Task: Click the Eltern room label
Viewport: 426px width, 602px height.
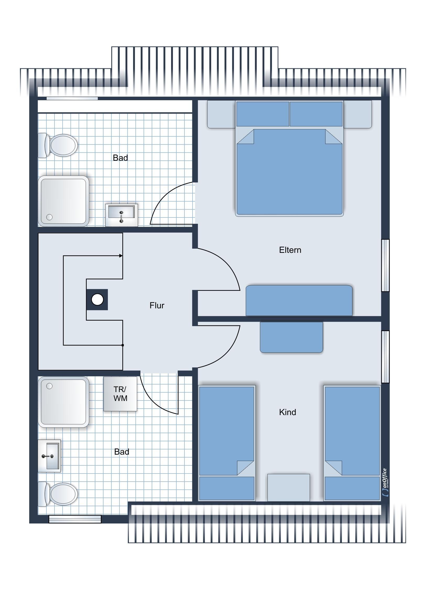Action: point(290,250)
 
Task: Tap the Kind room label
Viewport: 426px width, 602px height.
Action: point(287,412)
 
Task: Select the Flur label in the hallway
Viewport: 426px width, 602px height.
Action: point(157,305)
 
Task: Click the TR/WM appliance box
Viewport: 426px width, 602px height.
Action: point(120,394)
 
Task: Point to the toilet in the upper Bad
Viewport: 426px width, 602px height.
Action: point(58,145)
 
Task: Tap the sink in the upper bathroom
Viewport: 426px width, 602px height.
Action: point(122,215)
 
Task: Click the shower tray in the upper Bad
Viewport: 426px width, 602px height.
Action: point(63,201)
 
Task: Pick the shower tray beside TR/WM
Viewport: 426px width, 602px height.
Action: point(63,402)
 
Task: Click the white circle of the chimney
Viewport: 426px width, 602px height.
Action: point(97,299)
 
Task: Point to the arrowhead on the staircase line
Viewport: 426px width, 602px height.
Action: point(121,256)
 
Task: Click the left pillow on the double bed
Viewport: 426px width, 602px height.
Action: point(263,114)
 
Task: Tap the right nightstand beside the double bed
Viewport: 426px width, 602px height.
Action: point(358,114)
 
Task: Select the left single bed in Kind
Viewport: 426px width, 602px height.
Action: point(227,443)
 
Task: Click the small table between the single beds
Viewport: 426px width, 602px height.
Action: point(289,487)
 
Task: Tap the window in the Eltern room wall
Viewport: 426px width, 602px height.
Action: point(385,265)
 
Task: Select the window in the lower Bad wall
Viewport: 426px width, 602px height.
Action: point(75,519)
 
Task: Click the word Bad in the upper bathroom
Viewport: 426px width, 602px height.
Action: point(120,158)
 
